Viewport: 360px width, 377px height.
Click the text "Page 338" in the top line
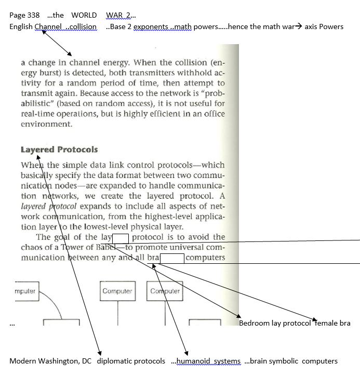[24, 15]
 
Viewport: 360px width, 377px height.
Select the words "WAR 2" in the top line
[118, 15]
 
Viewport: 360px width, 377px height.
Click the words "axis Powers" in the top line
[324, 26]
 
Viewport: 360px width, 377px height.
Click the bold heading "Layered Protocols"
[59, 150]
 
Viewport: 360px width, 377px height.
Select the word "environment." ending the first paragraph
[46, 124]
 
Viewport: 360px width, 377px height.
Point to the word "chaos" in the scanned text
[32, 247]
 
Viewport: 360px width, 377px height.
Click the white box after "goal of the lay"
[121, 238]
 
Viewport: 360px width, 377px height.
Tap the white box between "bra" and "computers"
[172, 258]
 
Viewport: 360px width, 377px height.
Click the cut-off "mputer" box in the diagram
[24, 291]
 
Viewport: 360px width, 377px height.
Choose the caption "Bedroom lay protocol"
[276, 323]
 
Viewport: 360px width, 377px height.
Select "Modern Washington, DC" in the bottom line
[51, 361]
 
